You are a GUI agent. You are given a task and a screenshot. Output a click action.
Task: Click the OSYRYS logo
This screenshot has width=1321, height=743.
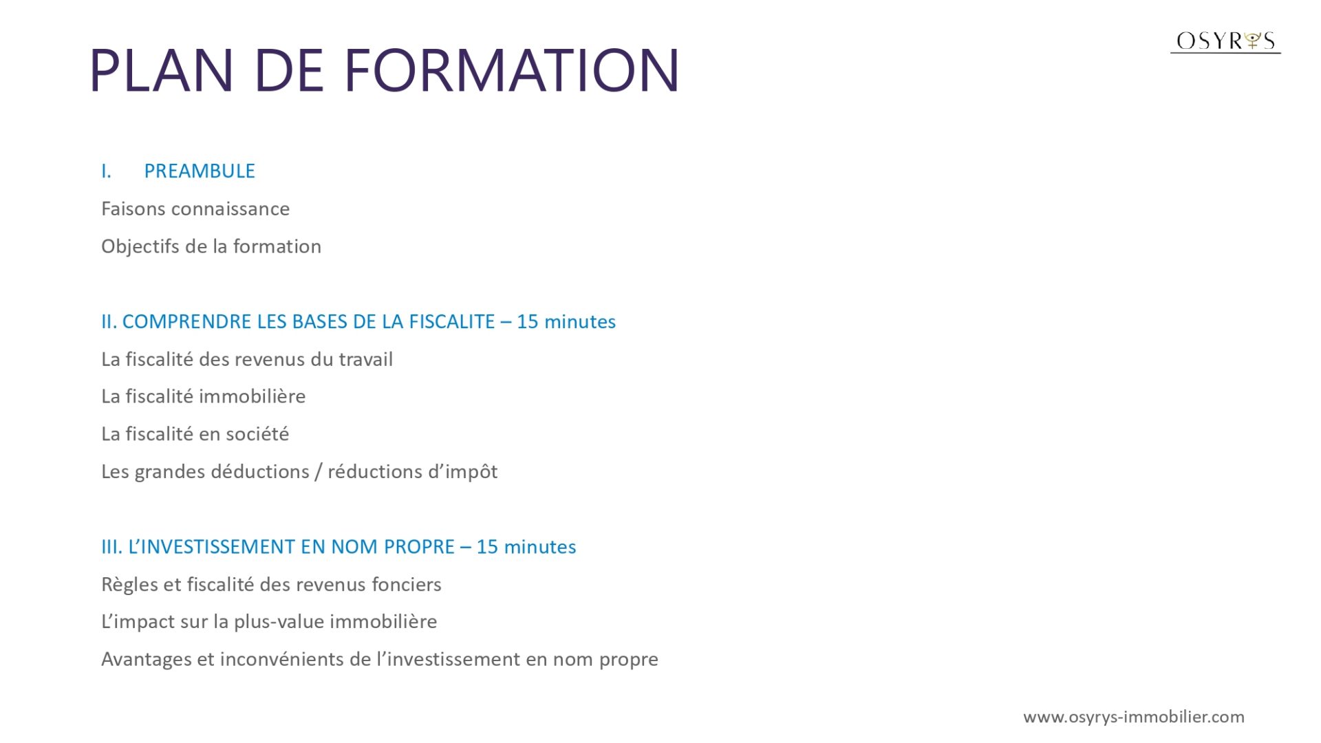[x=1225, y=41]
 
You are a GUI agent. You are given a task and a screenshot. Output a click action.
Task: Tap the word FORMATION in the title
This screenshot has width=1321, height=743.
[x=511, y=70]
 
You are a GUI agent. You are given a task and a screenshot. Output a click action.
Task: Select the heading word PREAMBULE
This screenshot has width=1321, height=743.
[x=200, y=171]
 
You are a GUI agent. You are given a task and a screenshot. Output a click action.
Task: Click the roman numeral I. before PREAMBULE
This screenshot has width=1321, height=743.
[x=106, y=171]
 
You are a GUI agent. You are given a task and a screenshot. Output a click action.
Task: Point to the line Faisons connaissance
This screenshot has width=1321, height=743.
[x=195, y=208]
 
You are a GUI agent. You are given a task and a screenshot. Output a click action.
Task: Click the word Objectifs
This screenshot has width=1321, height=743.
[x=140, y=246]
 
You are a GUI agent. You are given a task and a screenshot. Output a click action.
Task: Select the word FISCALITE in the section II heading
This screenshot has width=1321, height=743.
[x=452, y=321]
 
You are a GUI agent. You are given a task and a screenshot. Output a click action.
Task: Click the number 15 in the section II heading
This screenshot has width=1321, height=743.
[x=528, y=321]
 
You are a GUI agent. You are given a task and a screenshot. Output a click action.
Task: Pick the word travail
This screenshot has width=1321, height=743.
[x=366, y=359]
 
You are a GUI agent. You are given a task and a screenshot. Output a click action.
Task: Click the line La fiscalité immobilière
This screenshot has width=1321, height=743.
[x=203, y=396]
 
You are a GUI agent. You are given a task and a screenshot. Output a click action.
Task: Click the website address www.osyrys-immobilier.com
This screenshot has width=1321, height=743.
[x=1134, y=717]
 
